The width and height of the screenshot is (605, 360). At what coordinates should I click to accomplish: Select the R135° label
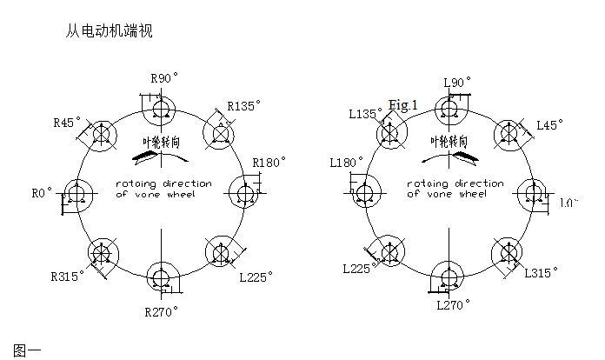244,106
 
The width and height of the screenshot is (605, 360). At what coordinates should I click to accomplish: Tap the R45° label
67,123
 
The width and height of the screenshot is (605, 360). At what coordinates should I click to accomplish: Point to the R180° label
269,163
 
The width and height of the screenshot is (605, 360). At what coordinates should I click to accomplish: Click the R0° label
42,191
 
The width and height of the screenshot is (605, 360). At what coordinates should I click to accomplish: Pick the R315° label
68,277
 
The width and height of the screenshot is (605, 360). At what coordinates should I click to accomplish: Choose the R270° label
162,310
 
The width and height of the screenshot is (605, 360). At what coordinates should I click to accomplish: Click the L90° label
457,83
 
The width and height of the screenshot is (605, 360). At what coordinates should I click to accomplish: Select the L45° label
548,125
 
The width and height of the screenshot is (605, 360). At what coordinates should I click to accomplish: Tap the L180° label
346,163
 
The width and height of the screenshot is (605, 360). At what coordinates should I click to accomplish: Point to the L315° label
539,273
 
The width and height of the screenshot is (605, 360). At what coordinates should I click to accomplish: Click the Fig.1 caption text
403,105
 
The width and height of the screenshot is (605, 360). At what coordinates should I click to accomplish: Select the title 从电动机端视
110,30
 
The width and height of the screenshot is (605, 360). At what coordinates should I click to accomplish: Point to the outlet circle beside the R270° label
161,276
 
